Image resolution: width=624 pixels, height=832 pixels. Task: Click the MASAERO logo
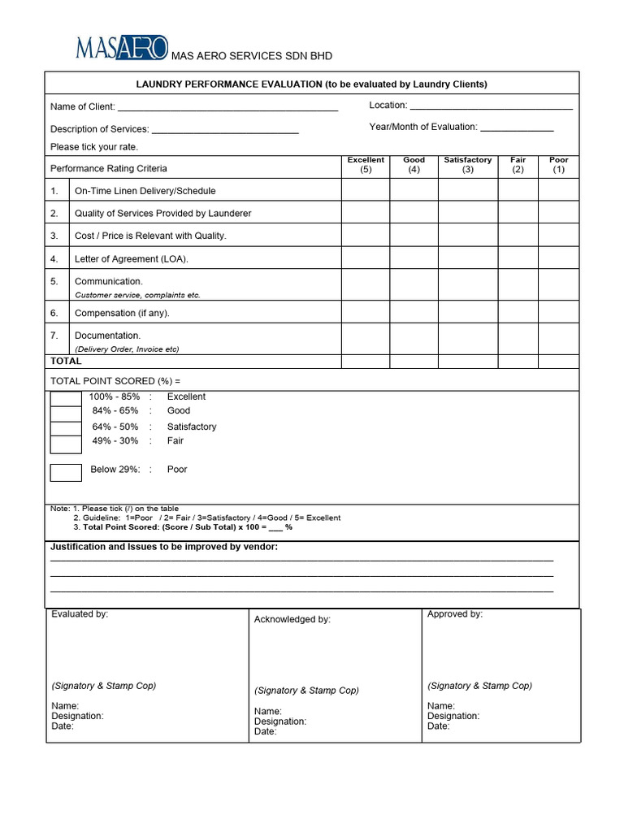coord(122,49)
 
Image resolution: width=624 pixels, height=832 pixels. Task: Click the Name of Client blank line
coord(227,107)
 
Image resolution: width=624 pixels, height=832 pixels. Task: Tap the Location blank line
coord(491,106)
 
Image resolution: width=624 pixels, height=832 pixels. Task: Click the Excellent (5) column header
coord(366,165)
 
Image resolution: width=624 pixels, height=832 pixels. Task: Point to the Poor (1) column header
coord(559,165)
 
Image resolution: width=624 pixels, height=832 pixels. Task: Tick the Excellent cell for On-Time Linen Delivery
coord(366,190)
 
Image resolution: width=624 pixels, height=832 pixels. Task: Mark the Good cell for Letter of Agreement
coord(414,258)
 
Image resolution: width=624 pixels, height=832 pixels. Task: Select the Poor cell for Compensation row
coord(559,313)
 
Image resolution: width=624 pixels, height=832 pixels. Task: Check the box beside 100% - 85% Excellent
coord(66,398)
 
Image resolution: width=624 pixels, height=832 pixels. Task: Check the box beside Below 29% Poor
coord(66,472)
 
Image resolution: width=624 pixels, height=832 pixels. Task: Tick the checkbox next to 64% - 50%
coord(66,429)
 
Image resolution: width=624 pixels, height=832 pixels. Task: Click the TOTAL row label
coord(66,361)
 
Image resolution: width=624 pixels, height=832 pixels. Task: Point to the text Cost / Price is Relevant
coord(150,236)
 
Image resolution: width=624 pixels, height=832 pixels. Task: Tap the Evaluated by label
coord(80,614)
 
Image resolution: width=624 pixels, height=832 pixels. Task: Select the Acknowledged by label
coord(292,619)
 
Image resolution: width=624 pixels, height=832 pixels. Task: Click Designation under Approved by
coord(453,717)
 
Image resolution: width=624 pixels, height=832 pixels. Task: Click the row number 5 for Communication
coord(54,281)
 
